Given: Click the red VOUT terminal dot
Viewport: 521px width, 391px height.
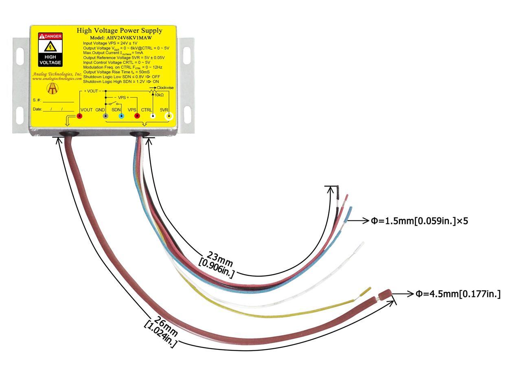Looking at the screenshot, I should click(80, 116).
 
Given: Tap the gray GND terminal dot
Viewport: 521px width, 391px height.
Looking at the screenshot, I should click(105, 116).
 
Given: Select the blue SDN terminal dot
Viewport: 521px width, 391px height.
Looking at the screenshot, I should click(121, 116).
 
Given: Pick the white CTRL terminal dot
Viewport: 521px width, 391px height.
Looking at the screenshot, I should click(153, 116).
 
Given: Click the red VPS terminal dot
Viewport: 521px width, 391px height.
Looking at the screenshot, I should click(137, 116).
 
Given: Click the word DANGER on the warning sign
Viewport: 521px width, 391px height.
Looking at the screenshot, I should click(53, 36).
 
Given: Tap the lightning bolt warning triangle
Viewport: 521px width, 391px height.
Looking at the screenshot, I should click(50, 46).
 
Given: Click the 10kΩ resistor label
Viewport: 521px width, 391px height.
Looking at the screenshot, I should click(159, 95).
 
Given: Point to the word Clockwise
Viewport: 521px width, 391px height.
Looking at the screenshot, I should click(165, 88).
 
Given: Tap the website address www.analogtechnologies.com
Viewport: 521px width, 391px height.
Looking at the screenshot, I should click(57, 79).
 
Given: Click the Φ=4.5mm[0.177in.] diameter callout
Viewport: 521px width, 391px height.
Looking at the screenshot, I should click(458, 294).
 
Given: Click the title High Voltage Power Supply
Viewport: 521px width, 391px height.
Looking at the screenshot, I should click(119, 31).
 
